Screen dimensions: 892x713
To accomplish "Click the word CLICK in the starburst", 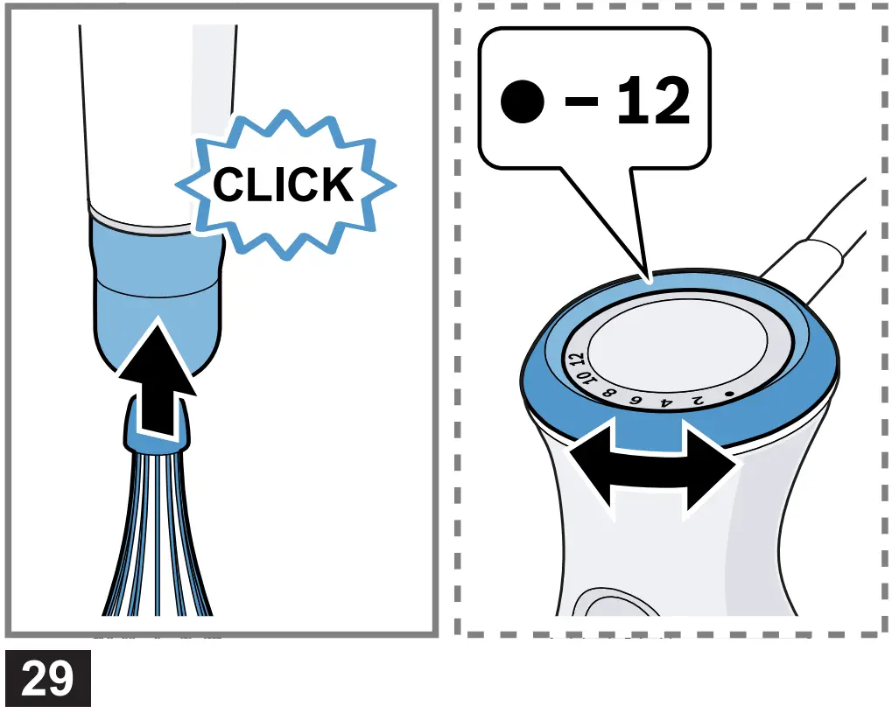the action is point(284,185).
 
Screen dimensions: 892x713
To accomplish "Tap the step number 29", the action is point(47,680).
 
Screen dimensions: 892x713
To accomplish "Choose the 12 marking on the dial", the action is point(575,360).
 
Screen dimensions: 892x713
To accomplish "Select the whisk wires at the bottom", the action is point(158,542).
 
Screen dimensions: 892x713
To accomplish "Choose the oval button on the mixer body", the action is point(613,604).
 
